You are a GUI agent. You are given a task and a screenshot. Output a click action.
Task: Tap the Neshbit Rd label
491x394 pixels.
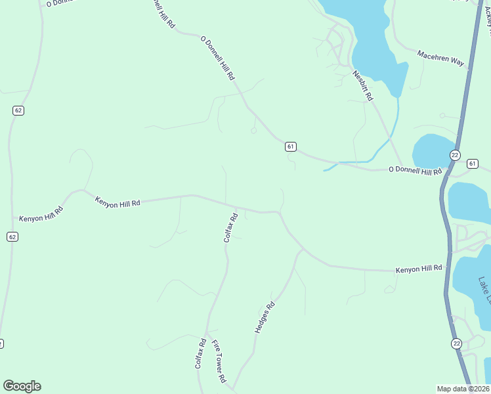362,85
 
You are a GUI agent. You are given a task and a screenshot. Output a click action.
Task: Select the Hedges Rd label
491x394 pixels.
264,317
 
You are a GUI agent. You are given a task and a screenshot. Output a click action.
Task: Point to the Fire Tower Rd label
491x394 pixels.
219,361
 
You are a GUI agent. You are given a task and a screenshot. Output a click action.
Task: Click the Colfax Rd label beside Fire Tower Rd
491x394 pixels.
200,353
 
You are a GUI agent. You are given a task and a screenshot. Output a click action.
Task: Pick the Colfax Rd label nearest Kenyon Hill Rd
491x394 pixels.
230,227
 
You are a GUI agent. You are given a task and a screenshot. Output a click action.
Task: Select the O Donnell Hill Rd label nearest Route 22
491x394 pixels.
415,171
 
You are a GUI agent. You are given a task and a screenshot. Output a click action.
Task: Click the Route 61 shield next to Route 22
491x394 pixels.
472,163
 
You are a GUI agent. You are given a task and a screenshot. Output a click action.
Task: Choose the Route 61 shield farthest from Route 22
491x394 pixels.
290,146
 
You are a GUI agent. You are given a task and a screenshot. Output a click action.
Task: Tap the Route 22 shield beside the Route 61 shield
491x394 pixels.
455,154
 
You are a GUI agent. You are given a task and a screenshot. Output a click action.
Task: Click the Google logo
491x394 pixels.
22,386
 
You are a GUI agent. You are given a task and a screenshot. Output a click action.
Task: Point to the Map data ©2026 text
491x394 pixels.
463,389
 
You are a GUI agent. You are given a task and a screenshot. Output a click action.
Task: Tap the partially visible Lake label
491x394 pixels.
484,290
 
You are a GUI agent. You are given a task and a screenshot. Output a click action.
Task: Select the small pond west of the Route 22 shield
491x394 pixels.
431,150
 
